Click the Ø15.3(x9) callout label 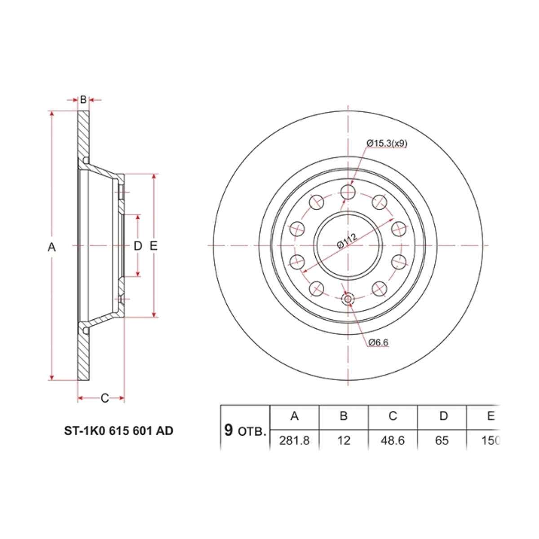(x=387, y=143)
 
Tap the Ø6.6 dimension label (x=378, y=342)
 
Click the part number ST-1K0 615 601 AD (x=119, y=431)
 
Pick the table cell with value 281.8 (x=294, y=441)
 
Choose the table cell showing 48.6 (x=393, y=441)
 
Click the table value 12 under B (x=344, y=441)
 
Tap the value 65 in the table (x=442, y=441)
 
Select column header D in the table (x=443, y=416)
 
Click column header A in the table (x=295, y=416)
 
